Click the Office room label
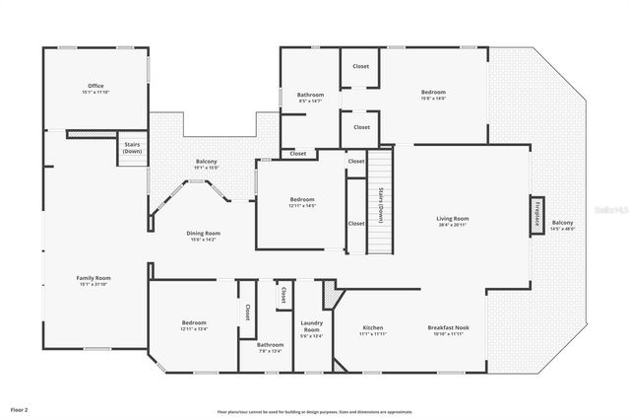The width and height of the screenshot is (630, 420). pos(95,89)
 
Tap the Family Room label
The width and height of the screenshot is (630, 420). pos(94,281)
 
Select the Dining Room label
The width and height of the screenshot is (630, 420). pos(204,236)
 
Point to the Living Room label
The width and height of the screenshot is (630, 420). pos(453,221)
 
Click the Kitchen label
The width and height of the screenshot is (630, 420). pos(372,330)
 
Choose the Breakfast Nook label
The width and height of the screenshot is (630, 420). pos(448,330)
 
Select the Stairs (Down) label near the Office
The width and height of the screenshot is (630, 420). pos(133,148)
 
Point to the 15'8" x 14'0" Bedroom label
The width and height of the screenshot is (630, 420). pos(433,95)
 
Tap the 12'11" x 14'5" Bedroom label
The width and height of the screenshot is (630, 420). pos(302,201)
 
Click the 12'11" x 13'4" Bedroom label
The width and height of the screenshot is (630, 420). pos(194,326)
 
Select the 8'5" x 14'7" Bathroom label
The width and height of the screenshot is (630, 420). pos(310,98)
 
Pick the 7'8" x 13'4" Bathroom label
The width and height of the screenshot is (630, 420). pos(270,347)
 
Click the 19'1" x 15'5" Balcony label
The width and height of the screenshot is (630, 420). pos(206,165)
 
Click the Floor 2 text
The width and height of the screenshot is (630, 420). pos(20,407)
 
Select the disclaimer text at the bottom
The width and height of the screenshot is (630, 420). pos(315,411)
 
